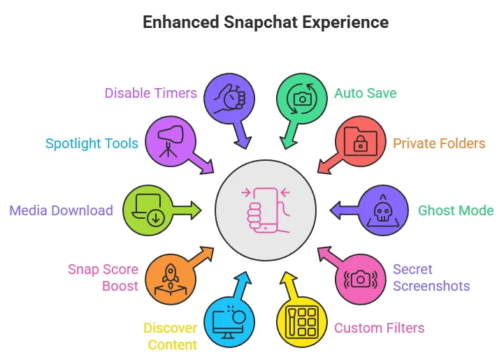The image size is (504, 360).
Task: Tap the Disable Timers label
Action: [150, 93]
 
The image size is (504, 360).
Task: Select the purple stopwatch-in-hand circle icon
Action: [229, 96]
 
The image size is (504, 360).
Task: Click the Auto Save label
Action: [366, 93]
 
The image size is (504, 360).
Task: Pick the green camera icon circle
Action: [302, 97]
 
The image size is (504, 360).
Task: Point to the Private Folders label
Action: [438, 143]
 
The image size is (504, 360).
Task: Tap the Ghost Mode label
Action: [456, 210]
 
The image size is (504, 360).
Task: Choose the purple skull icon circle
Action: [383, 210]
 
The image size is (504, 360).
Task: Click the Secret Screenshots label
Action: [431, 278]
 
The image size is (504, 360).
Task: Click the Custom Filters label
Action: [379, 327]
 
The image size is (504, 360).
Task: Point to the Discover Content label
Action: [170, 336]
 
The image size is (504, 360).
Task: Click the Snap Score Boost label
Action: [103, 278]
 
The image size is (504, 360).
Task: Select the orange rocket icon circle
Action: [171, 278]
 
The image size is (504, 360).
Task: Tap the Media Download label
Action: [61, 210]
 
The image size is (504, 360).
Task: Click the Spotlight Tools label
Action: [92, 143]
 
